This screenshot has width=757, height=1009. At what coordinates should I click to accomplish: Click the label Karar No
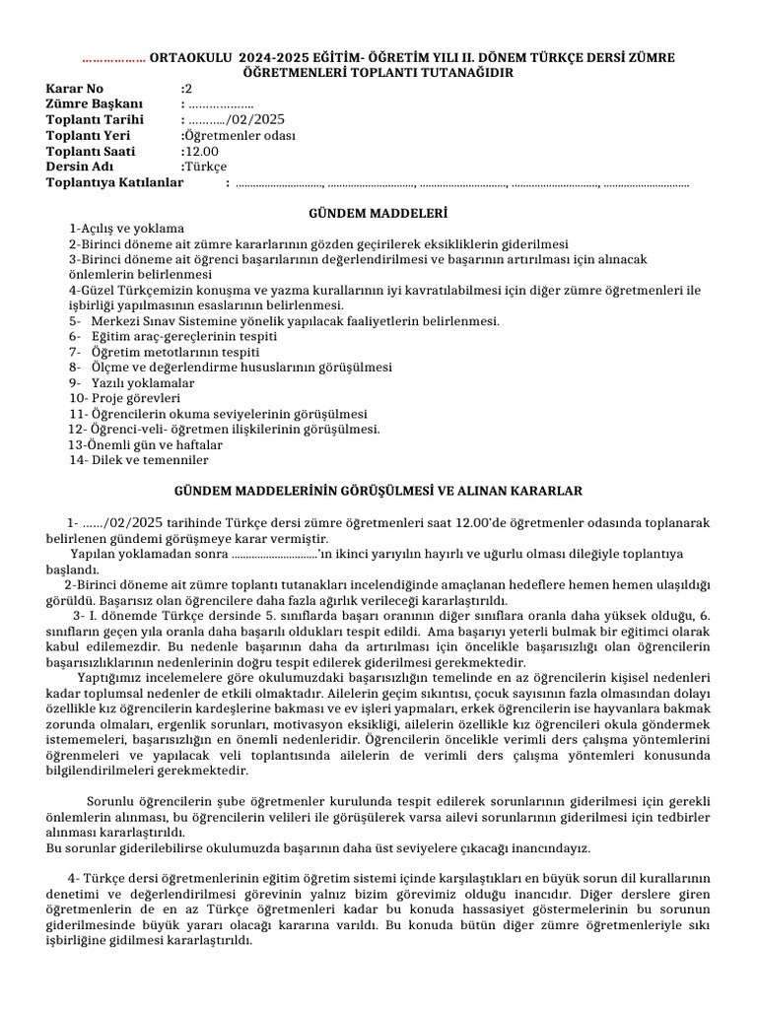point(75,89)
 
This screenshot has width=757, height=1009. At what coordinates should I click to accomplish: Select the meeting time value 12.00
point(198,152)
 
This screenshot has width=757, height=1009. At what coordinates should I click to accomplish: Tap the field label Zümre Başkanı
point(95,104)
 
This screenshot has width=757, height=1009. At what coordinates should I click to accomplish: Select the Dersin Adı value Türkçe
point(206,167)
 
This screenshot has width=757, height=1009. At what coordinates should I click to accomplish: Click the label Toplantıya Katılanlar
point(114,182)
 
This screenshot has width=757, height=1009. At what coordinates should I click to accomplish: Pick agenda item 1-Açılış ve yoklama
point(125,229)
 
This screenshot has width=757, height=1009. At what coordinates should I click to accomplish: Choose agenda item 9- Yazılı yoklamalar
point(131,382)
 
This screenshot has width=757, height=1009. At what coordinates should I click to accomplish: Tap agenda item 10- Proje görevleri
point(124,398)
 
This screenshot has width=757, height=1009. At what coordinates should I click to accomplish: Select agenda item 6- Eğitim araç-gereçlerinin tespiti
point(172,336)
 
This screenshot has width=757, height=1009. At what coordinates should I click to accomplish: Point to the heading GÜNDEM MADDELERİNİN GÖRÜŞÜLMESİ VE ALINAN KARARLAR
point(378,490)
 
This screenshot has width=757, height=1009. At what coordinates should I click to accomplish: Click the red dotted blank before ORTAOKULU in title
point(113,57)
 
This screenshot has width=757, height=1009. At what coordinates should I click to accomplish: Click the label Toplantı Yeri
point(88,136)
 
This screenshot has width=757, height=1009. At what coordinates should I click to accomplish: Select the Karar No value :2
point(186,89)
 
